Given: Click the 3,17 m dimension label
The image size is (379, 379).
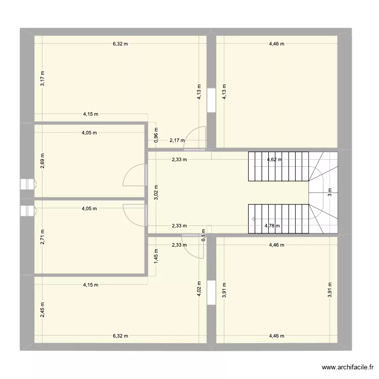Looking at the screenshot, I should coord(43,78).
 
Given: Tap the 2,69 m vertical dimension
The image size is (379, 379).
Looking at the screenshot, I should coord(43,160).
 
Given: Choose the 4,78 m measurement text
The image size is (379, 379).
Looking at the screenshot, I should coord(272,226).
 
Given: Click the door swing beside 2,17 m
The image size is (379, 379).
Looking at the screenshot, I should coord(195,138).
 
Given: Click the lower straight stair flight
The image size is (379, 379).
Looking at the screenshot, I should coord(277,219).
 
